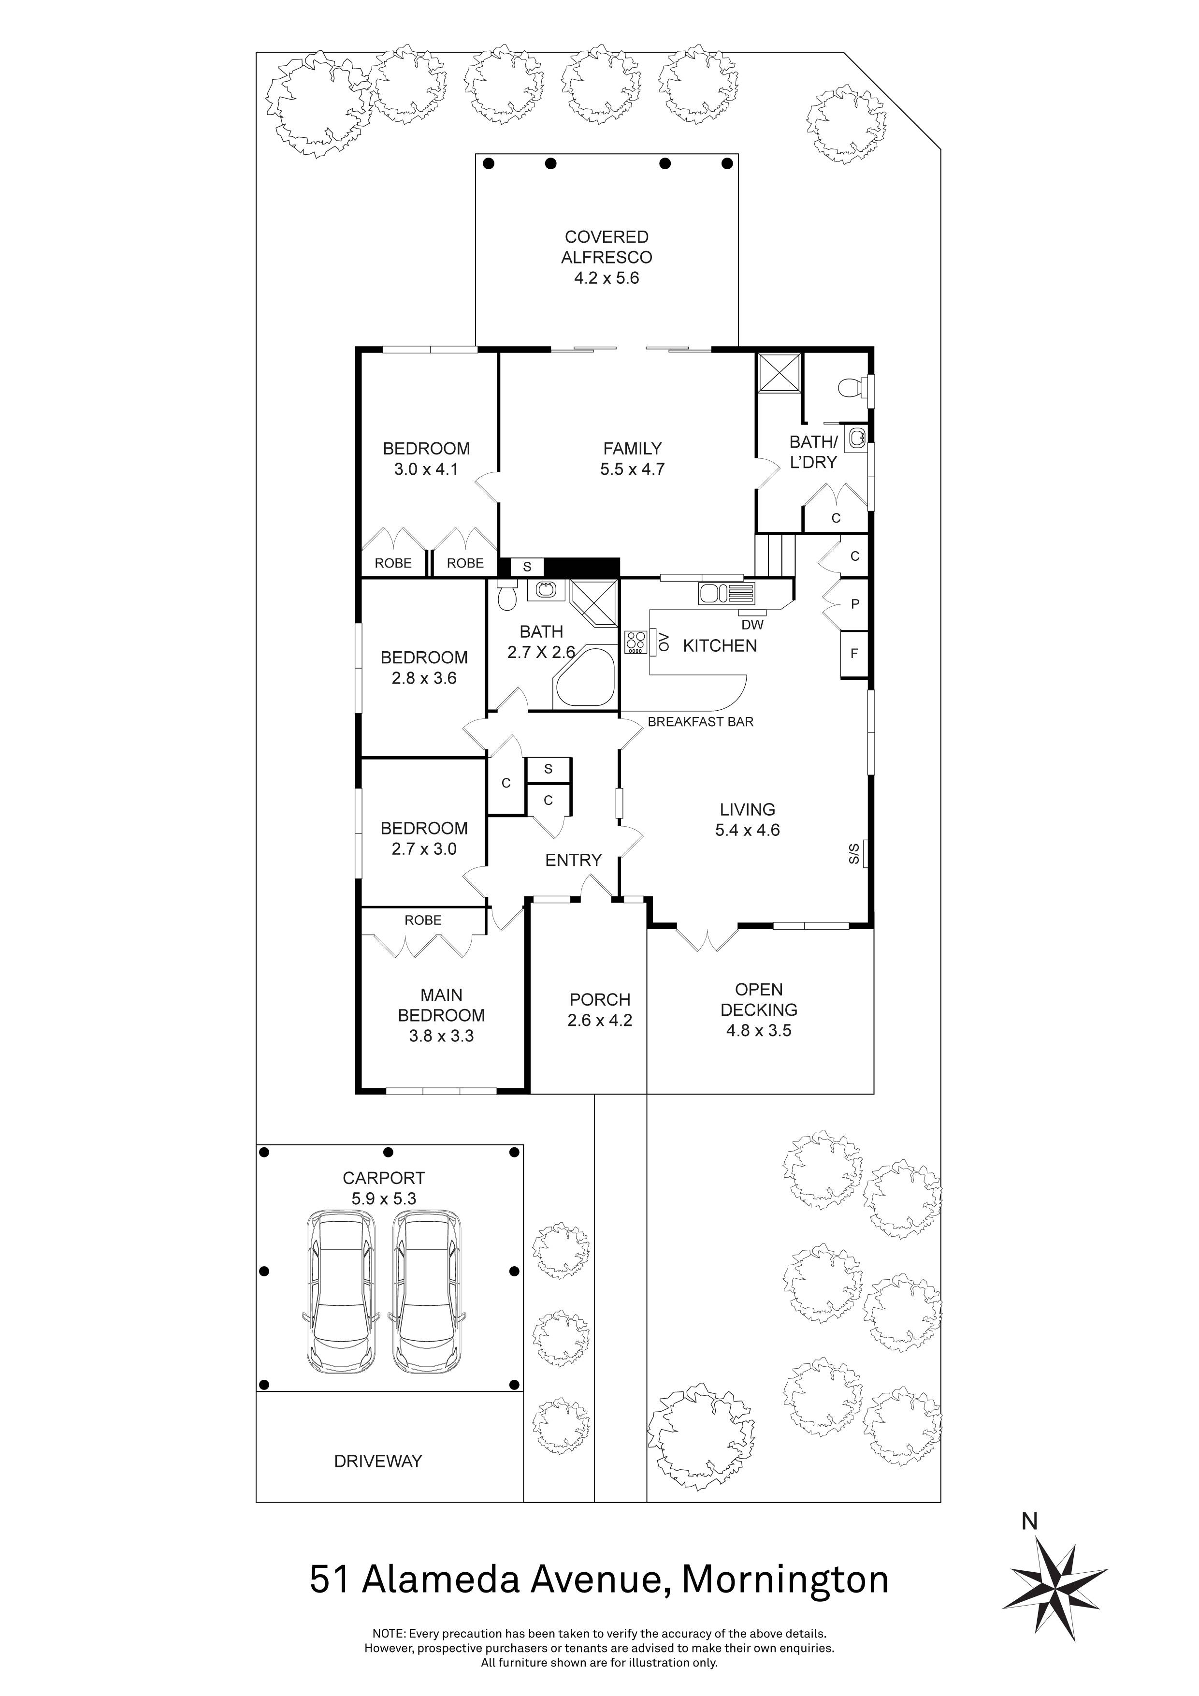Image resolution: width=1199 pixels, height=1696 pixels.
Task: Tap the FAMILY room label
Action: pos(632,448)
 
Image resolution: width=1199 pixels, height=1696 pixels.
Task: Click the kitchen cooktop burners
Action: pos(634,642)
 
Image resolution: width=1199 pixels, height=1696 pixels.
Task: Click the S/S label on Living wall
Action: pos(854,854)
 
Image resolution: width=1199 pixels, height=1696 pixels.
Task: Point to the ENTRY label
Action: pos(573,860)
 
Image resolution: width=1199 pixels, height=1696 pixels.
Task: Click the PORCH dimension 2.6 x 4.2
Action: pos(599,1020)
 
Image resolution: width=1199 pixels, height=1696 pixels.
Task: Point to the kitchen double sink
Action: pos(713,593)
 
